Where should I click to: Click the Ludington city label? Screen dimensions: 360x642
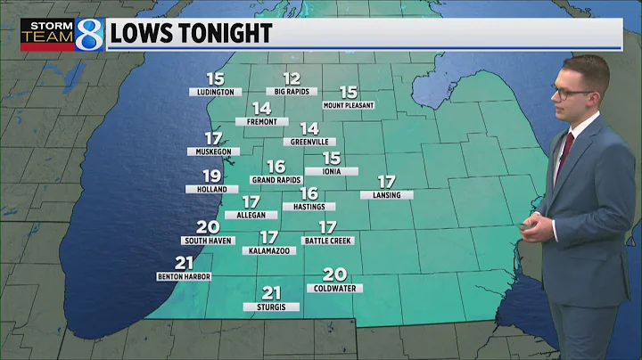point(214,92)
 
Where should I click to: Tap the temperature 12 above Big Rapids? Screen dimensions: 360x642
point(292,78)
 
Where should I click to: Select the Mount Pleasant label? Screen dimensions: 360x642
point(348,105)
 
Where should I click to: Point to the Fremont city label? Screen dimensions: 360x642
point(261,121)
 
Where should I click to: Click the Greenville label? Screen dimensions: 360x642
point(309,142)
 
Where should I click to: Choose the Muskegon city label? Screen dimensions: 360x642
point(213,152)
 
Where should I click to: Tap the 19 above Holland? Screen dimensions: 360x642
point(211,176)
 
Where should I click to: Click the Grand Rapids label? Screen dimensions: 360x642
point(276,180)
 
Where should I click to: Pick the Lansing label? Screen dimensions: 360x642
point(386,195)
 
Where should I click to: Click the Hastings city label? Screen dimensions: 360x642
point(309,207)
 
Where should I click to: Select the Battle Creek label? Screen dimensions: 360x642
point(328,241)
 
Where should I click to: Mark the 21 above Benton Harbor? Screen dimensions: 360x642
point(185,262)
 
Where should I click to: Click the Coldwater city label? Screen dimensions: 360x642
point(334,288)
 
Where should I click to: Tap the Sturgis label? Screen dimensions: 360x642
point(271,307)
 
